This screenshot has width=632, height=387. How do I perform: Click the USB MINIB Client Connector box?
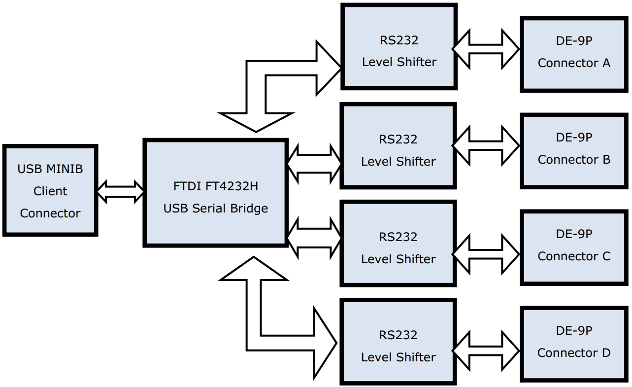coord(50,190)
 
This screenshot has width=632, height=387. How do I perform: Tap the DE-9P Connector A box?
coord(573,54)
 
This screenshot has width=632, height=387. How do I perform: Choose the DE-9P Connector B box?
coord(573,150)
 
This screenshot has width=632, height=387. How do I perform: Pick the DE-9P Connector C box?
coord(573,247)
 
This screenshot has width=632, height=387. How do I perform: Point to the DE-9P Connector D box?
coord(573,344)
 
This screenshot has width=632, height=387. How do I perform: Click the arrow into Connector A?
coord(486,49)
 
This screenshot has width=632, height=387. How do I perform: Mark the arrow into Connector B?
coord(486,145)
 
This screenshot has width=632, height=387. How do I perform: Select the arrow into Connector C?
coord(486,254)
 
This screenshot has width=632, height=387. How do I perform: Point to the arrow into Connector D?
coord(486,351)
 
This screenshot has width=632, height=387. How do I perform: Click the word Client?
coord(50,191)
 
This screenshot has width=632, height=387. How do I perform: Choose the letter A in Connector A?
coord(605,63)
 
